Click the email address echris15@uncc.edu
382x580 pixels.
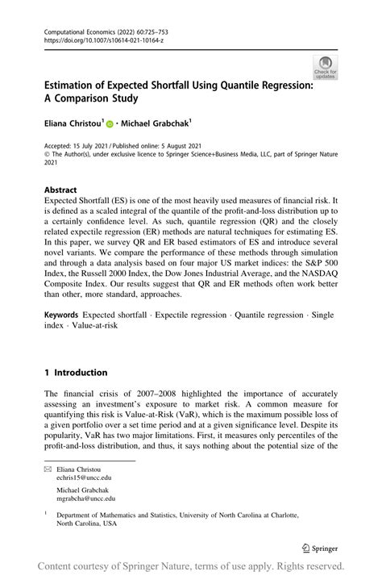(x=85, y=477)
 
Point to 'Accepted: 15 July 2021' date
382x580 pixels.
(x=80, y=145)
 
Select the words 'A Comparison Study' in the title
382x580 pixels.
(x=91, y=99)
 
